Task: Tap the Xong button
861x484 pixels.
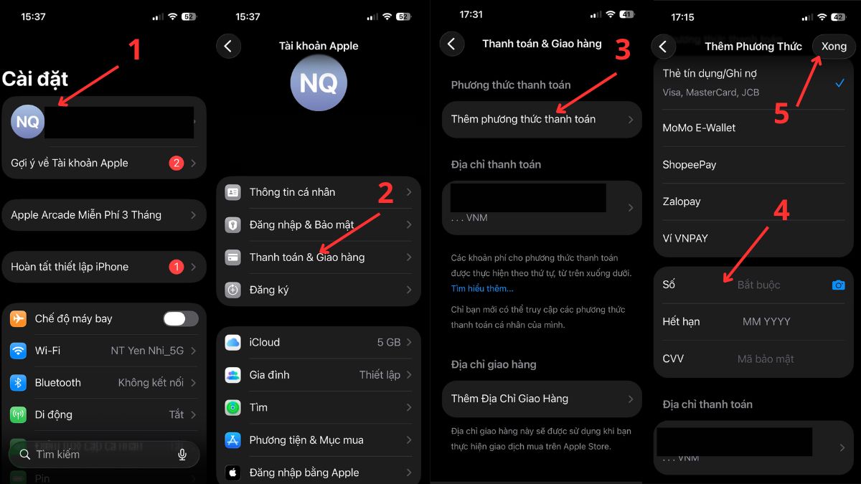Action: click(833, 47)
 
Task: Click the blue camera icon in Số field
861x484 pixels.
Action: click(838, 285)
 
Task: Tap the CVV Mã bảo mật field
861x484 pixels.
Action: click(765, 359)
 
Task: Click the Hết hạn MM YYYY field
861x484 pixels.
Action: click(766, 322)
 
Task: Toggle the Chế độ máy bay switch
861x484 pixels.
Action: click(180, 318)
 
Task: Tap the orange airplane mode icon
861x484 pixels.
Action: click(19, 318)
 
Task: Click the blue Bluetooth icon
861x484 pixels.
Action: click(19, 382)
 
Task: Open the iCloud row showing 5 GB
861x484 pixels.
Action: click(319, 342)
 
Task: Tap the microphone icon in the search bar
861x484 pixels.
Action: click(182, 455)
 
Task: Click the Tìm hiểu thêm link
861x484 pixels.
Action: click(482, 288)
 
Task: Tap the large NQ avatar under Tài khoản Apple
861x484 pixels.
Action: click(319, 83)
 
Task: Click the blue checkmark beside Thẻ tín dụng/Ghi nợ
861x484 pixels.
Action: click(839, 83)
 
